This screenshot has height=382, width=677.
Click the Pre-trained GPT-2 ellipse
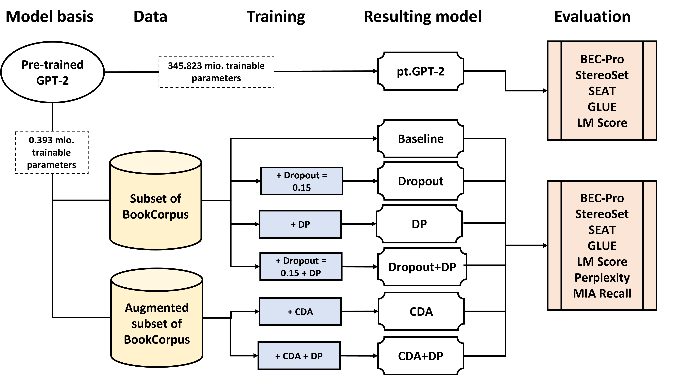[52, 72]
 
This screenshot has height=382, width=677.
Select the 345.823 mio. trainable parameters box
[216, 72]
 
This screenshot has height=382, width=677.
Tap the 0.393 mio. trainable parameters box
[52, 152]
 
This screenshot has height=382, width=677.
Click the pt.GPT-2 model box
[420, 71]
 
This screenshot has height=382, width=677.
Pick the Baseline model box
[420, 139]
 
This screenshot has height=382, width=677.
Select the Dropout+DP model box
[422, 267]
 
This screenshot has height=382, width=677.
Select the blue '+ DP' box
[300, 224]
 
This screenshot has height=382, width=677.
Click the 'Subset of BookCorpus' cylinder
[156, 206]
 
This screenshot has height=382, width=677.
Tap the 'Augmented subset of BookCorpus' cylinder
[157, 323]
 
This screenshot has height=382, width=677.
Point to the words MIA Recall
[602, 294]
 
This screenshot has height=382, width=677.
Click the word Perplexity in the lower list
[602, 277]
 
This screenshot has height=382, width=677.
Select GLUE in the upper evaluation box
[602, 107]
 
